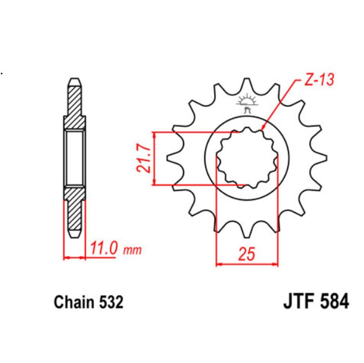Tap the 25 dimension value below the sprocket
pyautogui.click(x=246, y=254)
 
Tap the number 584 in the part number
pyautogui.click(x=333, y=301)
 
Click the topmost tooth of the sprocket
pyautogui.click(x=247, y=85)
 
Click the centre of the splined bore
pyautogui.click(x=246, y=157)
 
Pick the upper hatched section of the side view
pyautogui.click(x=75, y=108)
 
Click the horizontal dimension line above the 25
pyautogui.click(x=246, y=265)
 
